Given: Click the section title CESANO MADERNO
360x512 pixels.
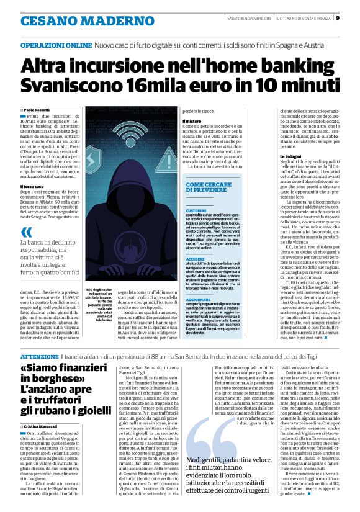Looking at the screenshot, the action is point(70,20).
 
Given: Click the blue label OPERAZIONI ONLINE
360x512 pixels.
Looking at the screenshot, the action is point(56,47).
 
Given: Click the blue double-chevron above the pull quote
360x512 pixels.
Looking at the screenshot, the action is point(26,231).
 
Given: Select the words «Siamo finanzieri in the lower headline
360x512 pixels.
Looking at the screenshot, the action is point(68,370).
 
